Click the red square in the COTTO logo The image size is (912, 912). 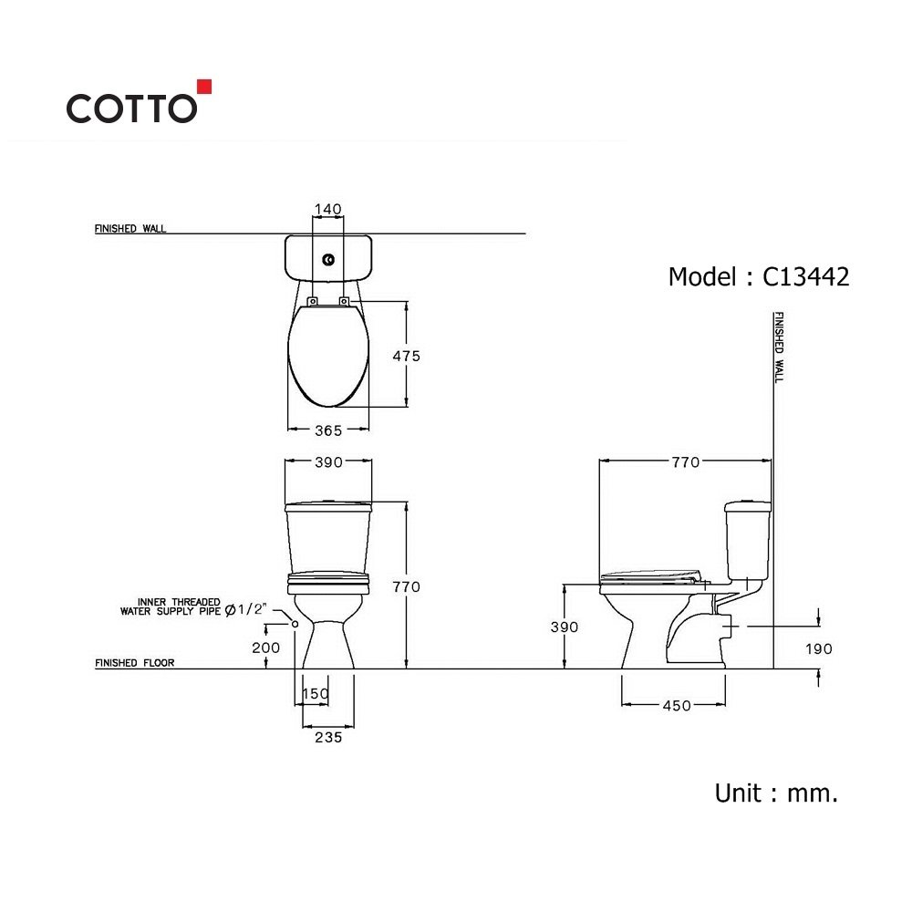point(204,87)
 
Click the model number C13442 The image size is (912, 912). point(805,277)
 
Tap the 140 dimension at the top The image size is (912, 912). point(328,209)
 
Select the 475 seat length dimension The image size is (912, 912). point(406,356)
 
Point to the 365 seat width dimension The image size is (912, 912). point(328,430)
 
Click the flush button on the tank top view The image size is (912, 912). point(328,259)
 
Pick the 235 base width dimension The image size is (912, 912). point(328,737)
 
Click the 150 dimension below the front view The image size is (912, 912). point(316,693)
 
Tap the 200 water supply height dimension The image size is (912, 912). point(265,648)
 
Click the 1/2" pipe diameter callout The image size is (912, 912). point(245,609)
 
